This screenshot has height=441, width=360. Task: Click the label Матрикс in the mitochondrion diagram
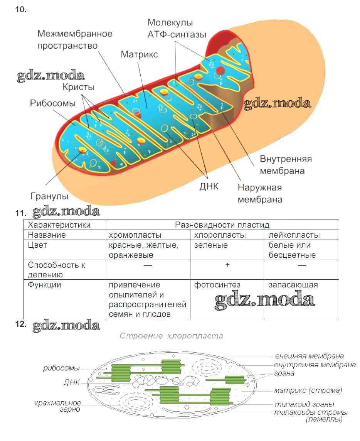(x=139, y=55)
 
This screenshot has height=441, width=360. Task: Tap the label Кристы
(x=79, y=87)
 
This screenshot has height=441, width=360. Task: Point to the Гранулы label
(x=49, y=196)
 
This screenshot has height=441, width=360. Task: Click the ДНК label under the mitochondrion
(x=209, y=187)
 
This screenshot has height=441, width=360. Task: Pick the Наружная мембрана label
(x=260, y=194)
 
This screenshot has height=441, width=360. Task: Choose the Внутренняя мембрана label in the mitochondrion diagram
(x=285, y=165)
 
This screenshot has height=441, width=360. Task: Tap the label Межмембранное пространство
(x=75, y=39)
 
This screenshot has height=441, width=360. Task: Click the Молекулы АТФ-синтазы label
(x=177, y=29)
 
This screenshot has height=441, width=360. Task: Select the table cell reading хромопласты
(x=135, y=235)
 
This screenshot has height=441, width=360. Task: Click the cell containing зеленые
(x=211, y=245)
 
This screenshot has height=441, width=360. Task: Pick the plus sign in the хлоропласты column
(x=227, y=265)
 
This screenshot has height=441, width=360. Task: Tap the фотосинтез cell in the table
(x=217, y=285)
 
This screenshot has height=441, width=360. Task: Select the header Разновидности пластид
(x=222, y=225)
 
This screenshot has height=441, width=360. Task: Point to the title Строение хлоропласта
(x=171, y=336)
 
